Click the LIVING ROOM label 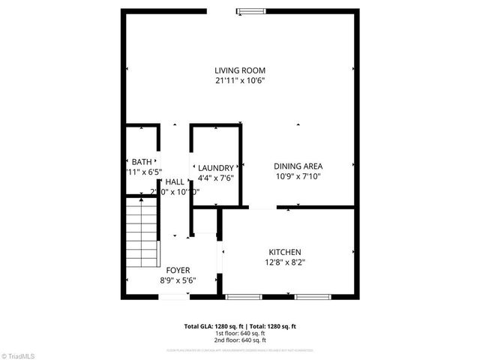(x=240, y=70)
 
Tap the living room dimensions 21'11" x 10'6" (x=240, y=80)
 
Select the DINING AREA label (x=298, y=166)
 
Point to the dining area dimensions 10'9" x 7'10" (x=298, y=177)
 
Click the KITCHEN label (x=285, y=252)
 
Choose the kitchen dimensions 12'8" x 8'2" (x=285, y=262)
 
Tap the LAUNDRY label (x=216, y=168)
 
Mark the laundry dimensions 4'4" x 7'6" (x=216, y=178)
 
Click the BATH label (x=141, y=162)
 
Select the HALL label (x=175, y=181)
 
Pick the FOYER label (x=178, y=270)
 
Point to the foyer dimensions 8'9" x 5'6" (x=178, y=280)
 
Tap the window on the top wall (x=250, y=10)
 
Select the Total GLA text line (x=240, y=326)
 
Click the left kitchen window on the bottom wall (x=244, y=297)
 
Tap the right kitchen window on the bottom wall (x=311, y=297)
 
